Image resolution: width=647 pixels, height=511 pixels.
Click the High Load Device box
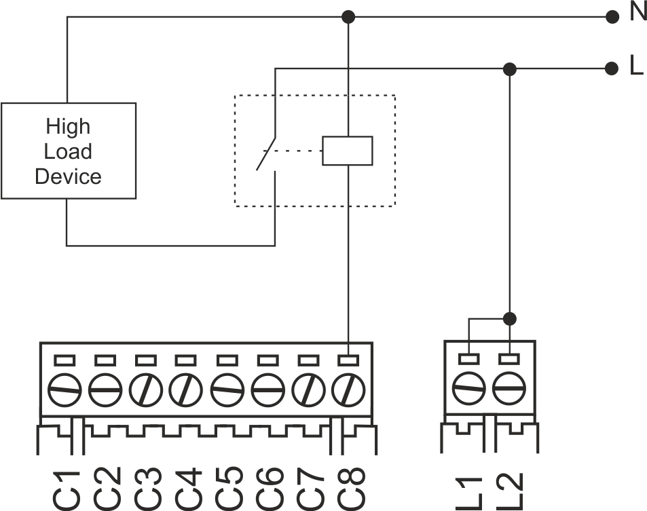point(68,151)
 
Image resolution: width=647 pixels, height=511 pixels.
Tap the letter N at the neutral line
point(637,13)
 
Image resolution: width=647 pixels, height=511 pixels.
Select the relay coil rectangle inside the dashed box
point(347,151)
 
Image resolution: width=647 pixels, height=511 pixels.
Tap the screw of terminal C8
point(348,389)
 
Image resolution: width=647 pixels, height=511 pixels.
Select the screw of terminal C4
point(186,389)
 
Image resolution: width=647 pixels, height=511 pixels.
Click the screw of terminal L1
point(468,389)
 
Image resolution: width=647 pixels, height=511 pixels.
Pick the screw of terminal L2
point(509,389)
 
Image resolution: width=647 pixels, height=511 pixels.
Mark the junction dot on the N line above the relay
point(348,16)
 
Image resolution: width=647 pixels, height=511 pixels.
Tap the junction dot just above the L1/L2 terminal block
point(509,318)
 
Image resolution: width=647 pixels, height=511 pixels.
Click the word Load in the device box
point(68,151)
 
